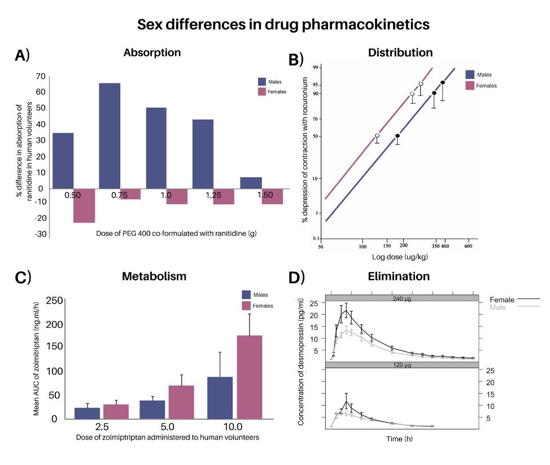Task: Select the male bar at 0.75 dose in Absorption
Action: click(110, 135)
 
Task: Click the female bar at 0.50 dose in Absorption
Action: click(84, 205)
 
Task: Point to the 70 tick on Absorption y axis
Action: click(40, 76)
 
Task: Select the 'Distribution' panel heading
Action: click(400, 52)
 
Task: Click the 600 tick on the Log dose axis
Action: click(468, 247)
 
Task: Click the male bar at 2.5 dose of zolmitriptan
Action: click(87, 413)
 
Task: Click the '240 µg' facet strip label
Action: click(401, 299)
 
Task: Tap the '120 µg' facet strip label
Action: click(401, 365)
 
